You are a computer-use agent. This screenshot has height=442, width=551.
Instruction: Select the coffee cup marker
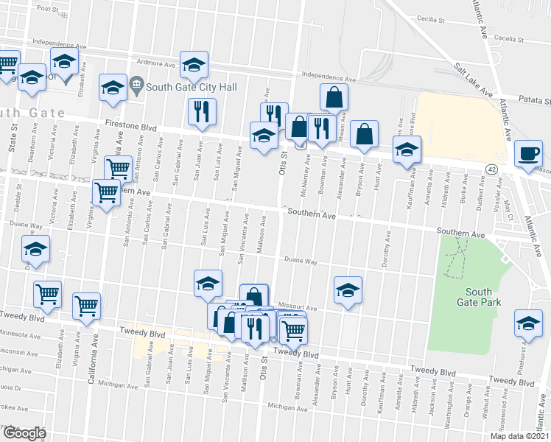tap(527, 153)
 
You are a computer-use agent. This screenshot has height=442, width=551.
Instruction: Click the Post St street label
tap(47, 9)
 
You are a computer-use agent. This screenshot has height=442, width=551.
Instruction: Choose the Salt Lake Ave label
tap(474, 80)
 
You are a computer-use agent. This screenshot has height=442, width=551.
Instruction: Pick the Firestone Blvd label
tap(133, 126)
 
